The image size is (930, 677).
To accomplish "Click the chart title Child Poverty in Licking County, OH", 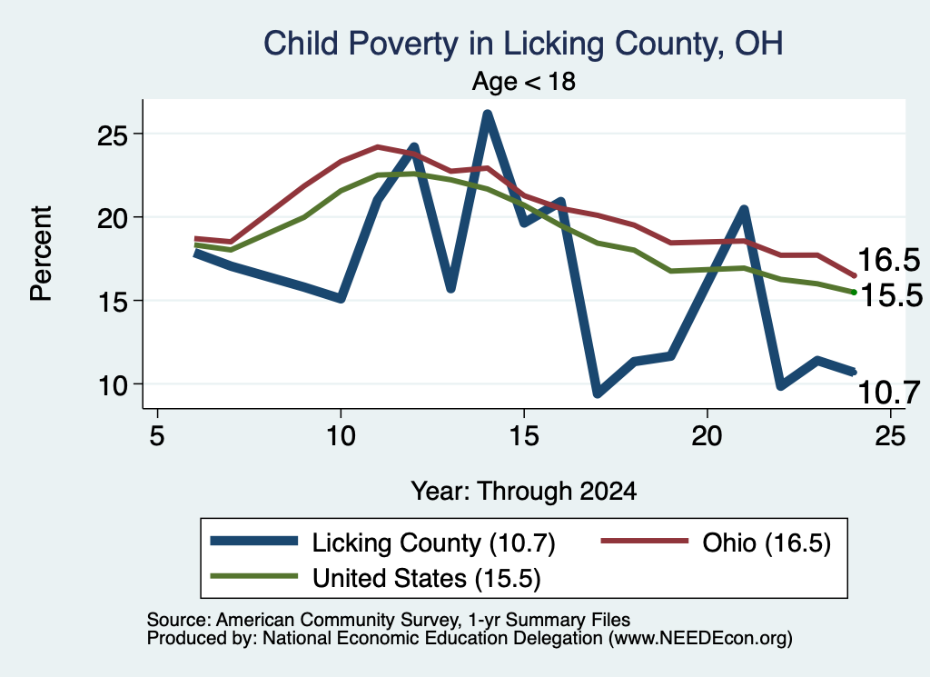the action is (x=523, y=44).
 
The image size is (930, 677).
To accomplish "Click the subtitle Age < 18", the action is (x=524, y=81).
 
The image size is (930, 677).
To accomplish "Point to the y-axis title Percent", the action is (x=42, y=254).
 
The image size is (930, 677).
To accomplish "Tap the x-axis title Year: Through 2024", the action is (x=524, y=492).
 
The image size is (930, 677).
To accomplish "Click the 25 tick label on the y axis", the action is (x=112, y=135).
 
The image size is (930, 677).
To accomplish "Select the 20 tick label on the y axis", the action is (x=112, y=218).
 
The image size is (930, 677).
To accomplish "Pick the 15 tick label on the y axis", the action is (x=112, y=302).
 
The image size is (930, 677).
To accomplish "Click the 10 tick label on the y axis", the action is (x=112, y=385).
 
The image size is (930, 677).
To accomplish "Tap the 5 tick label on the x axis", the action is (x=156, y=436).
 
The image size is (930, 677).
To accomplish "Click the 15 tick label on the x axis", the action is (x=524, y=436).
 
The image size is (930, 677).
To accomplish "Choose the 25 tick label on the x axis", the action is (x=890, y=436).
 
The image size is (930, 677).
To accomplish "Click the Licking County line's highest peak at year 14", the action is (x=488, y=114).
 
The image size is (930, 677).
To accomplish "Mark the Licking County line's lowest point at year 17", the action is (x=598, y=393).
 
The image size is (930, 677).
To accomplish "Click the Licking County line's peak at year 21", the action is (x=744, y=209).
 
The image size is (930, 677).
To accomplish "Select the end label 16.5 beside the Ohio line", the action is (x=888, y=260).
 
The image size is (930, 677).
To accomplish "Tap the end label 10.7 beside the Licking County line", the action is (x=888, y=393).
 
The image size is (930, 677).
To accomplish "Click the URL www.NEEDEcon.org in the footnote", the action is (x=699, y=639).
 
